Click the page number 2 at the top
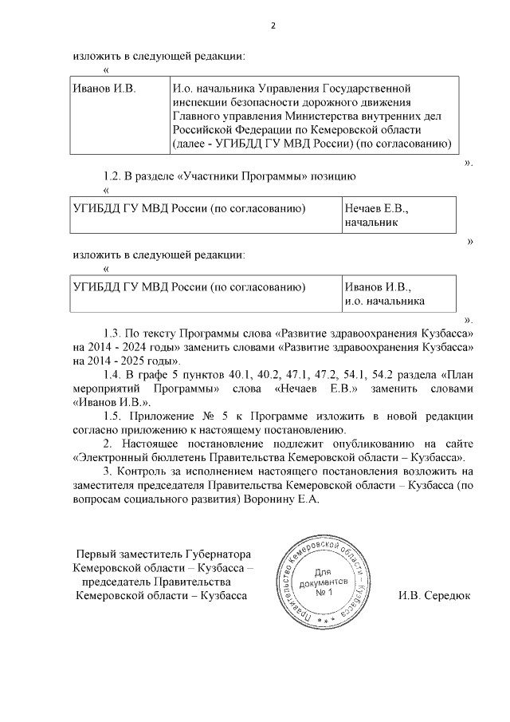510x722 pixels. coord(273,26)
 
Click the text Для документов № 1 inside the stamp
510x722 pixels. coord(322,585)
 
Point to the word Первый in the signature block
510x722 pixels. coord(95,554)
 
